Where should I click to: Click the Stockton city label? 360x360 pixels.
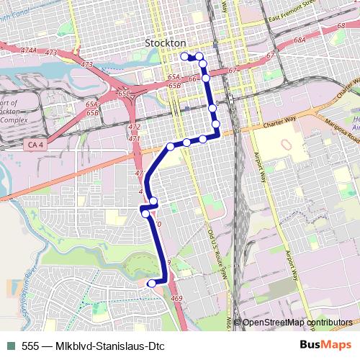[165, 42]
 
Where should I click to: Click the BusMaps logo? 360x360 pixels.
[324, 346]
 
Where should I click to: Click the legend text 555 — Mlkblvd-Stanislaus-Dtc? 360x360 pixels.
[93, 346]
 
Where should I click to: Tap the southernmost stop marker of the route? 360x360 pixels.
[151, 284]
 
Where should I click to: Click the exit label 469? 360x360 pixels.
[176, 297]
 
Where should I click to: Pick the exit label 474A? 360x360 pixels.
[28, 50]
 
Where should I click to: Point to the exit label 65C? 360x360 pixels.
[123, 94]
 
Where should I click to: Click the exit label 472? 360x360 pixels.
[134, 127]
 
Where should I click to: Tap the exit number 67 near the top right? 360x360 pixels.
[270, 55]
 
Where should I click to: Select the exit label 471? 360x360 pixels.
[134, 138]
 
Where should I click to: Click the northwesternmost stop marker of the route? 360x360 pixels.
[185, 55]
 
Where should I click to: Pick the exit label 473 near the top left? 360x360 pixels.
[50, 53]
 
